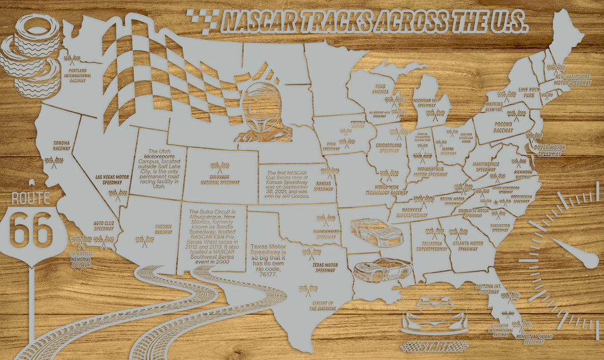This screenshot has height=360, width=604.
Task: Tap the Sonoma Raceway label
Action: point(62,146)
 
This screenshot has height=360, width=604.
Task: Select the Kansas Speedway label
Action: point(324,186)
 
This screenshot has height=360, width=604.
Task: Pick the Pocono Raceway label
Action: point(503,126)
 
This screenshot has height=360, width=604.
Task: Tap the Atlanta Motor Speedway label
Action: point(468,245)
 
